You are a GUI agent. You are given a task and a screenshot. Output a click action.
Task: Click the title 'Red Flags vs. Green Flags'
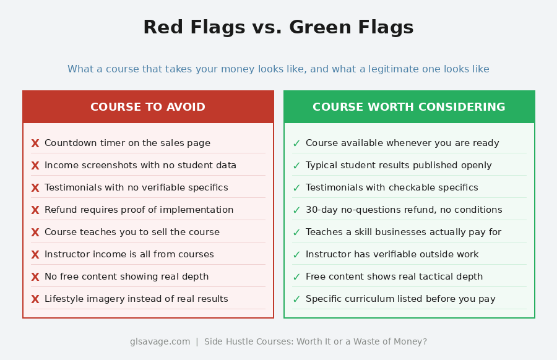(278, 28)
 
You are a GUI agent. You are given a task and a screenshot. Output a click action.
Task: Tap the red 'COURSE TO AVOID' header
(148, 107)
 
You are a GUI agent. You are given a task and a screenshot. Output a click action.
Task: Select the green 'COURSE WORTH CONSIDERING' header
(408, 107)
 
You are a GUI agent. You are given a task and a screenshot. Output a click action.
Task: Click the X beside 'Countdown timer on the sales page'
(35, 144)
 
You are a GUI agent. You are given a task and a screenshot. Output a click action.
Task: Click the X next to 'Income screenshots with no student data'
(35, 166)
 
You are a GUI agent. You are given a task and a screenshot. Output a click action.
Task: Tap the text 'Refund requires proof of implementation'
(139, 210)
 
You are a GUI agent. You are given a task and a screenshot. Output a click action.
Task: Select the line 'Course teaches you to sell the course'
(132, 233)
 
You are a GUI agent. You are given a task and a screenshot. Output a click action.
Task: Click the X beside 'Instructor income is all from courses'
(35, 255)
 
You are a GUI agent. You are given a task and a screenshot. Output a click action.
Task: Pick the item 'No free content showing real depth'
(126, 277)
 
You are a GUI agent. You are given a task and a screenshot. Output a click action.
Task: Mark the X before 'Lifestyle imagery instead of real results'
(35, 299)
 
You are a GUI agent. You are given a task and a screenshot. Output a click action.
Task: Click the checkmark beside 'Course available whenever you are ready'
(296, 144)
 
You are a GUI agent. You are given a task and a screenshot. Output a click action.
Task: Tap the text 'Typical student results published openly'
(399, 166)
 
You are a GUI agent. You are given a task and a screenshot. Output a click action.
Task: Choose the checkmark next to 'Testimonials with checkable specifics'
(296, 188)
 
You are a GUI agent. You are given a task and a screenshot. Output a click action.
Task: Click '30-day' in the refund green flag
(320, 210)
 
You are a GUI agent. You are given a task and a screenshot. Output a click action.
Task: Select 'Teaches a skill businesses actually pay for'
(403, 233)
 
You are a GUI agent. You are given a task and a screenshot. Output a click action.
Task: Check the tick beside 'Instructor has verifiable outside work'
(296, 255)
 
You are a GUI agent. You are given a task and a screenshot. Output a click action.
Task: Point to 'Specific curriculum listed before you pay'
(400, 299)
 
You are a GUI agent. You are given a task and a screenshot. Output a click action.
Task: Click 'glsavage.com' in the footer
(160, 341)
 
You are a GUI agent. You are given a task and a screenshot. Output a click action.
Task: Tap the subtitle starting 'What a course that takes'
(278, 69)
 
